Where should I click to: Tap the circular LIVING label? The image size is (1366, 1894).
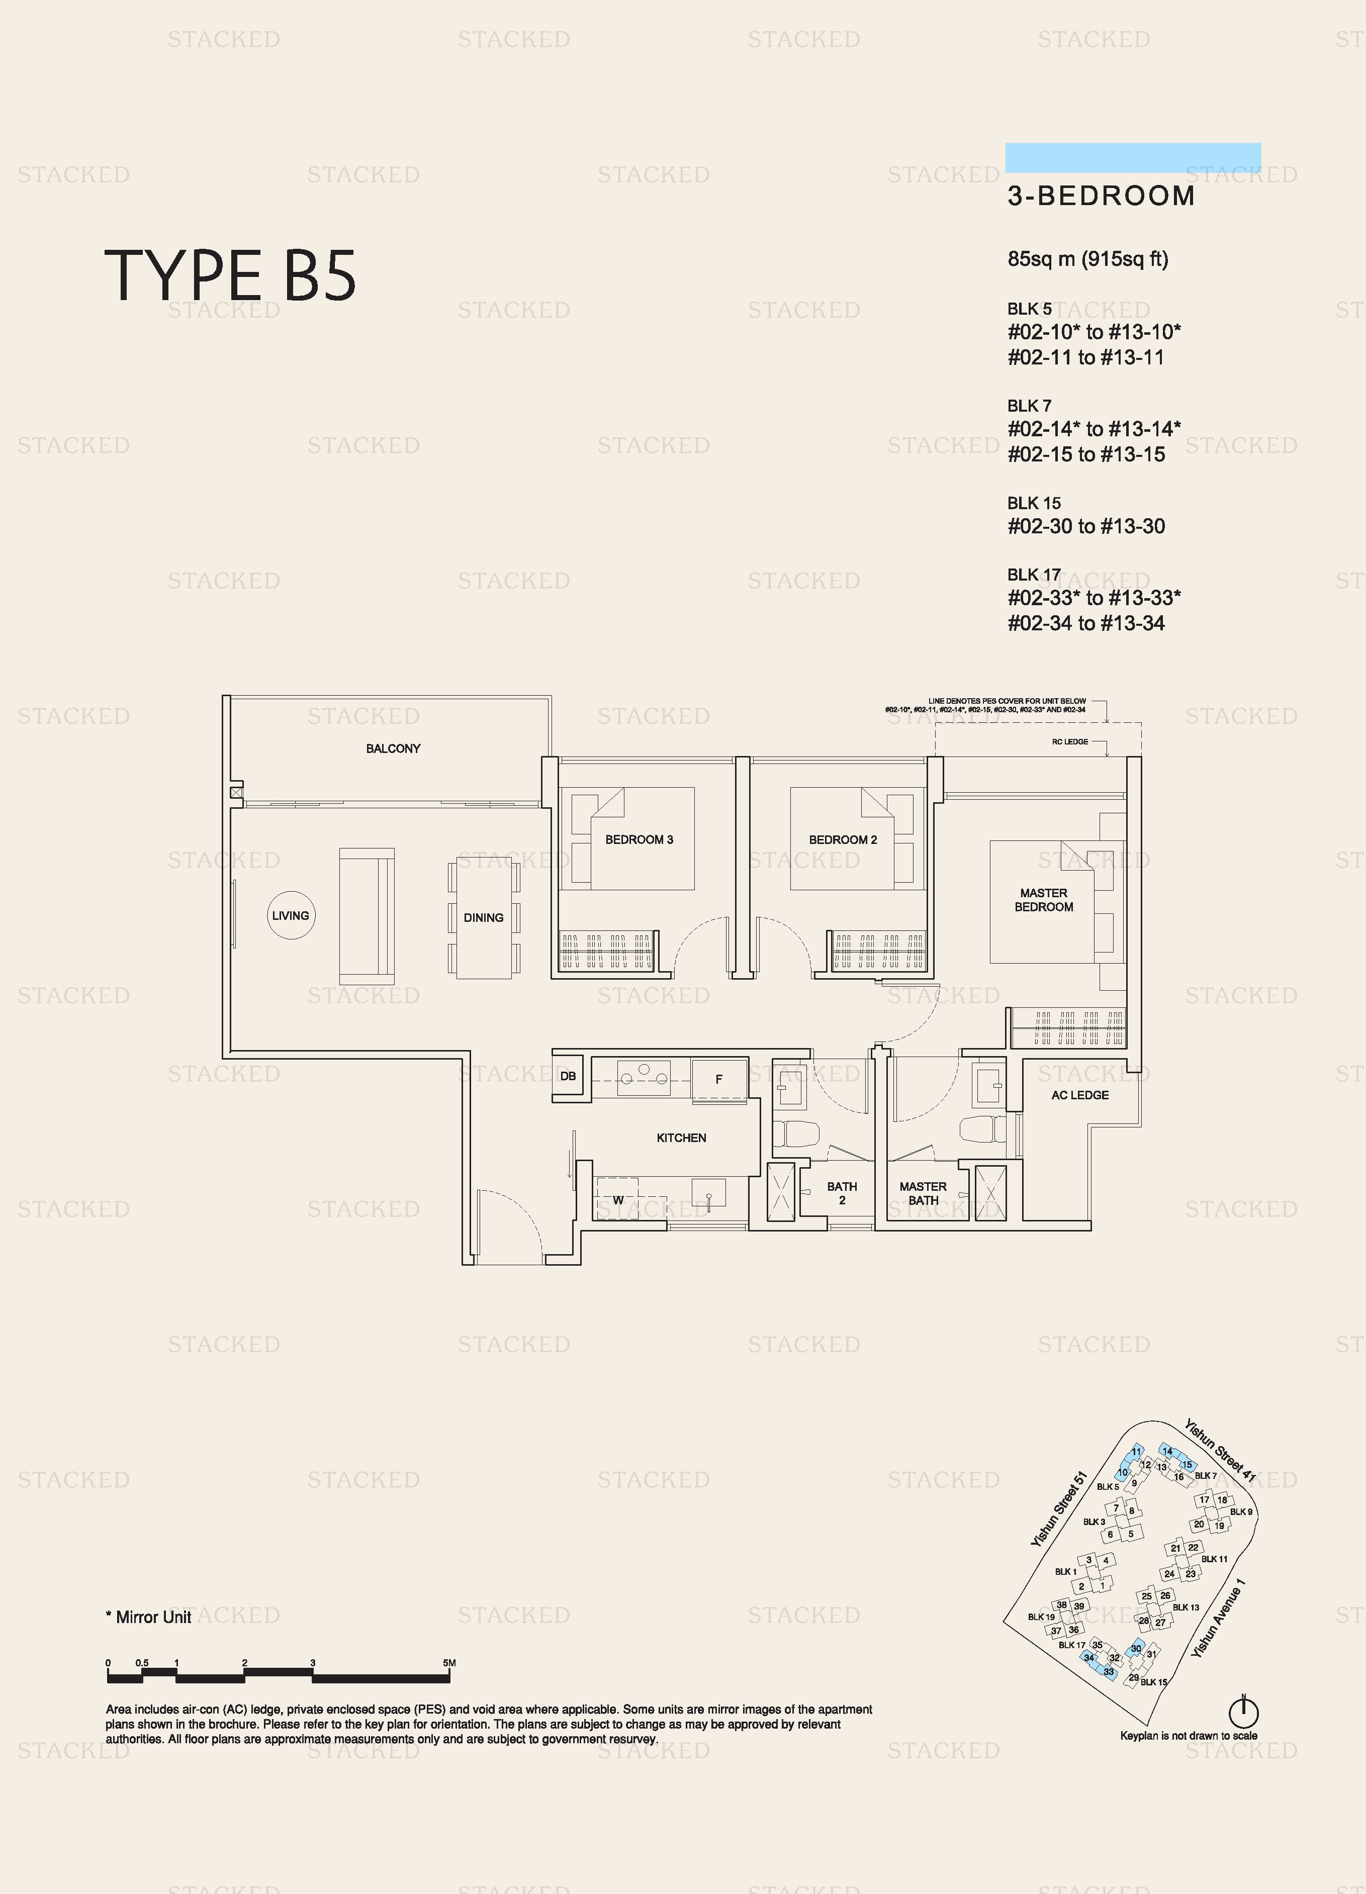click(x=291, y=915)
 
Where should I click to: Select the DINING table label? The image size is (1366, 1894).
click(x=483, y=917)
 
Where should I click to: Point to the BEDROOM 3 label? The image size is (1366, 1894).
click(x=639, y=839)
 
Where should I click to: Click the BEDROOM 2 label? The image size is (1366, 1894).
click(x=843, y=839)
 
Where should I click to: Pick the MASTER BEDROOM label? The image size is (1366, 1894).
click(x=1044, y=899)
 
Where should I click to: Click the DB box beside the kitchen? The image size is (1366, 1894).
click(x=568, y=1076)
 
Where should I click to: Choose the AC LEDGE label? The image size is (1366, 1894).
click(x=1080, y=1095)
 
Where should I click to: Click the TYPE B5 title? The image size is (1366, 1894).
click(x=231, y=275)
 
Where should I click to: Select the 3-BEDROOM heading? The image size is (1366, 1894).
click(x=1101, y=196)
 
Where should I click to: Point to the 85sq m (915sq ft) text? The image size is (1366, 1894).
click(x=1088, y=259)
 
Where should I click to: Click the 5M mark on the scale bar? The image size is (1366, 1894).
click(x=449, y=1663)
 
